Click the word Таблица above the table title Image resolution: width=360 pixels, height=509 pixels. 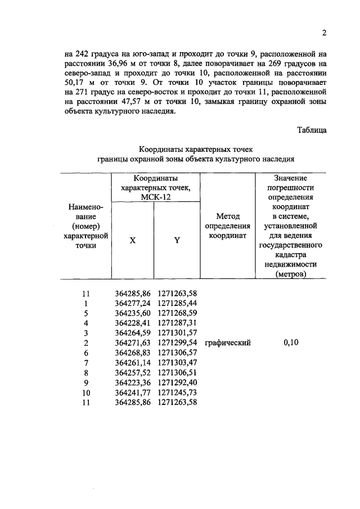(x=312, y=130)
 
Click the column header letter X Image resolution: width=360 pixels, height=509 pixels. (x=133, y=240)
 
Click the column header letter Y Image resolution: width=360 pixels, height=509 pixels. (x=177, y=240)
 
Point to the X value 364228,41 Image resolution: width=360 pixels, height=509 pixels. (x=133, y=323)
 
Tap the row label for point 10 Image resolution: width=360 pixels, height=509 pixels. (x=86, y=392)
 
